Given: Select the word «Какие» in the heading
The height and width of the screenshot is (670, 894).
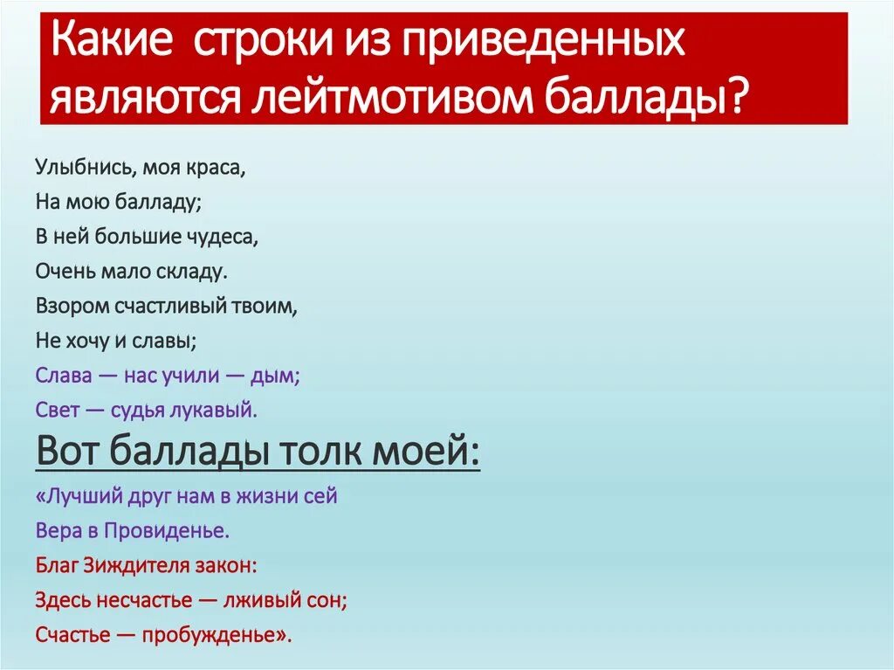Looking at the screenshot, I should pyautogui.click(x=108, y=42).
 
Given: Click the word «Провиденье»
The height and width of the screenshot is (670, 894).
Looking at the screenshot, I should pyautogui.click(x=167, y=531).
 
